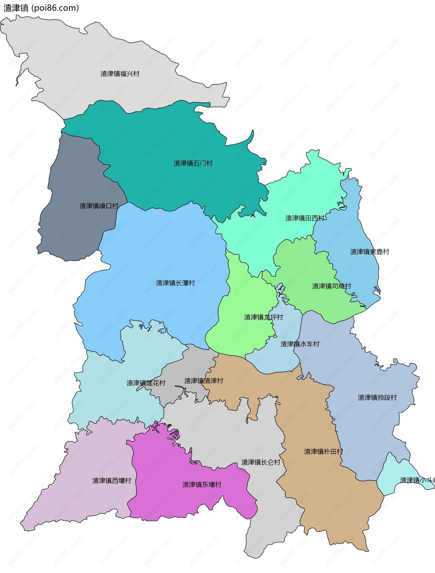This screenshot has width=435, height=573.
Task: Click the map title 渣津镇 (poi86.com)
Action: (41, 8)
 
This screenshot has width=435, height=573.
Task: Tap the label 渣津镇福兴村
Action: (120, 74)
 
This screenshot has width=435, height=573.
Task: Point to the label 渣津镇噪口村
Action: (99, 206)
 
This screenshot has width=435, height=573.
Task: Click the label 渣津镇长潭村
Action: (175, 283)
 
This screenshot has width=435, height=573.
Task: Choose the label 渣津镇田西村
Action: (305, 218)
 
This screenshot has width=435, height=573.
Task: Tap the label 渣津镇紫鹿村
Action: (370, 252)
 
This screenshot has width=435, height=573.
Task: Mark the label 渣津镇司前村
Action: (331, 286)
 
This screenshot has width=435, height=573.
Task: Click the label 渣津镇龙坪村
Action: (263, 317)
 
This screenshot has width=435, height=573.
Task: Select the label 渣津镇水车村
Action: (300, 344)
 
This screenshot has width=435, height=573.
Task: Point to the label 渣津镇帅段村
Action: (377, 398)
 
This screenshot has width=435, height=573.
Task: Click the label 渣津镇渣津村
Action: (203, 381)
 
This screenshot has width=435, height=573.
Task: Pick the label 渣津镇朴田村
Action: (323, 452)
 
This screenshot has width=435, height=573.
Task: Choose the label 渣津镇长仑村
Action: (261, 462)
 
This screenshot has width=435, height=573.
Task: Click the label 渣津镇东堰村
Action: (202, 485)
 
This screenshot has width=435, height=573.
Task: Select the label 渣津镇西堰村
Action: (112, 481)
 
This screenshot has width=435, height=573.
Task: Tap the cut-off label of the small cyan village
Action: (417, 480)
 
